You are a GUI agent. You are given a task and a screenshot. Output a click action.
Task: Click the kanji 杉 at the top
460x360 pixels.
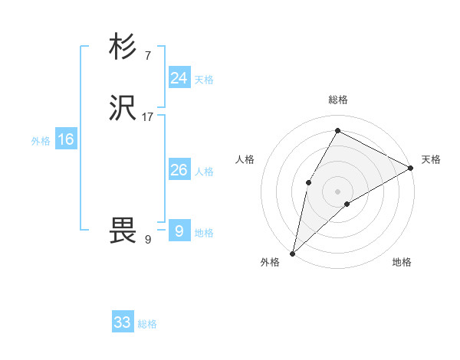[x=123, y=47]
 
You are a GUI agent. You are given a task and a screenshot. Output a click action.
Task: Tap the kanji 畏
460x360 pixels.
[x=123, y=231]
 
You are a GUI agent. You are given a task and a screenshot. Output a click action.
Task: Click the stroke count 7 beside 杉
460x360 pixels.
[x=147, y=55]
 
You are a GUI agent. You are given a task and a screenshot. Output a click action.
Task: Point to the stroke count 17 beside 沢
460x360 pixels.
[x=148, y=117]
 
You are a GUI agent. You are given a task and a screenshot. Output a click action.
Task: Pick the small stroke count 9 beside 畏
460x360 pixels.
[x=147, y=240]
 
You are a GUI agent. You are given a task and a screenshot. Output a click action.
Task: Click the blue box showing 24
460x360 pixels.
[x=179, y=77]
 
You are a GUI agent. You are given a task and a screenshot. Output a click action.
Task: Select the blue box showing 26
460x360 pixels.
[x=179, y=170]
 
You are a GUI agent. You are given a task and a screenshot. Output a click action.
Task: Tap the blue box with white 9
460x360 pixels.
[x=179, y=231]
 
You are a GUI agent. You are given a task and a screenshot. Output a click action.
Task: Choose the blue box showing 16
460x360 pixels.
[x=65, y=139]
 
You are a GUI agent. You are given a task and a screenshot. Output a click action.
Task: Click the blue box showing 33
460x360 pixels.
[x=122, y=322]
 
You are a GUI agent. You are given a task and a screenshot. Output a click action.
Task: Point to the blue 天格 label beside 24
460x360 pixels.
[x=204, y=80]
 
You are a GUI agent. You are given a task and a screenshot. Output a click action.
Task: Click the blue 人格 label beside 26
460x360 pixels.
[x=204, y=172]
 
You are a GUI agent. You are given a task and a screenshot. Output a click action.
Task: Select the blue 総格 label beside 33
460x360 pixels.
[x=147, y=324]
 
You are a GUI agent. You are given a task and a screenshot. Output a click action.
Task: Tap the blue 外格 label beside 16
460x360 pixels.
[x=41, y=141]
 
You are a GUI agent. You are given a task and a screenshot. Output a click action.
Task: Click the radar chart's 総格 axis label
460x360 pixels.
[x=337, y=100]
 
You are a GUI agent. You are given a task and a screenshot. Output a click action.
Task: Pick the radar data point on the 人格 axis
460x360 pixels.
[x=308, y=182]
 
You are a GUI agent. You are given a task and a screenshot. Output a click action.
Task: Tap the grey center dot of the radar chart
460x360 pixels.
[x=337, y=191]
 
